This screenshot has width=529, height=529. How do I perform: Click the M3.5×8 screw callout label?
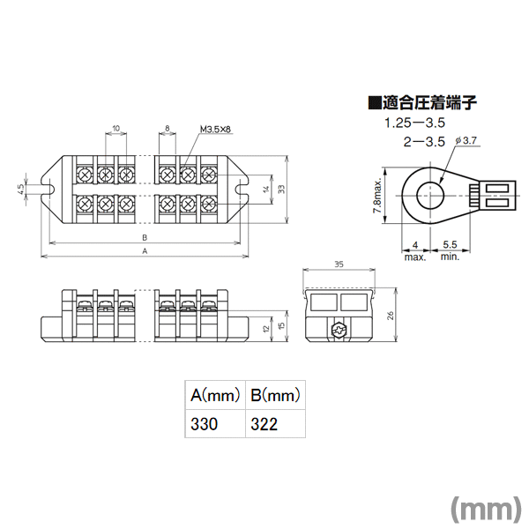tap(216, 130)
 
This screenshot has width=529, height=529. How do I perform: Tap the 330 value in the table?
tap(205, 424)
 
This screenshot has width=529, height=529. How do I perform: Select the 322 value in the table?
tap(264, 424)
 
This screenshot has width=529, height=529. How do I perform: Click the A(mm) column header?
tap(215, 395)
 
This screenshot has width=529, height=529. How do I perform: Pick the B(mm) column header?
tap(275, 395)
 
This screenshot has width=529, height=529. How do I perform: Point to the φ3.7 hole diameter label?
tap(466, 140)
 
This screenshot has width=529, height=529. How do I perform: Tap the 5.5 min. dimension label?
tap(450, 250)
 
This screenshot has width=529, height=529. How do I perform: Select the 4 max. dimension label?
tap(415, 251)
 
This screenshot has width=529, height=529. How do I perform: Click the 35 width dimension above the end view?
tap(339, 264)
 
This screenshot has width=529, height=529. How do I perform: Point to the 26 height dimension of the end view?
tap(391, 316)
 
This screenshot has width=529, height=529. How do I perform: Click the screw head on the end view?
tap(339, 329)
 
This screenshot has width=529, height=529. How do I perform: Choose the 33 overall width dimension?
tap(282, 190)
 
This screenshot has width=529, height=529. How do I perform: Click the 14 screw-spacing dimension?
tap(266, 190)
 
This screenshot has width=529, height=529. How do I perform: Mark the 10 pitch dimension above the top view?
tap(115, 128)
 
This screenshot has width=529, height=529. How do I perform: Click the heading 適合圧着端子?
tap(429, 102)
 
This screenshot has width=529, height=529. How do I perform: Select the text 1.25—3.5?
tap(415, 123)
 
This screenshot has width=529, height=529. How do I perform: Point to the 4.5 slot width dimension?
tap(20, 189)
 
